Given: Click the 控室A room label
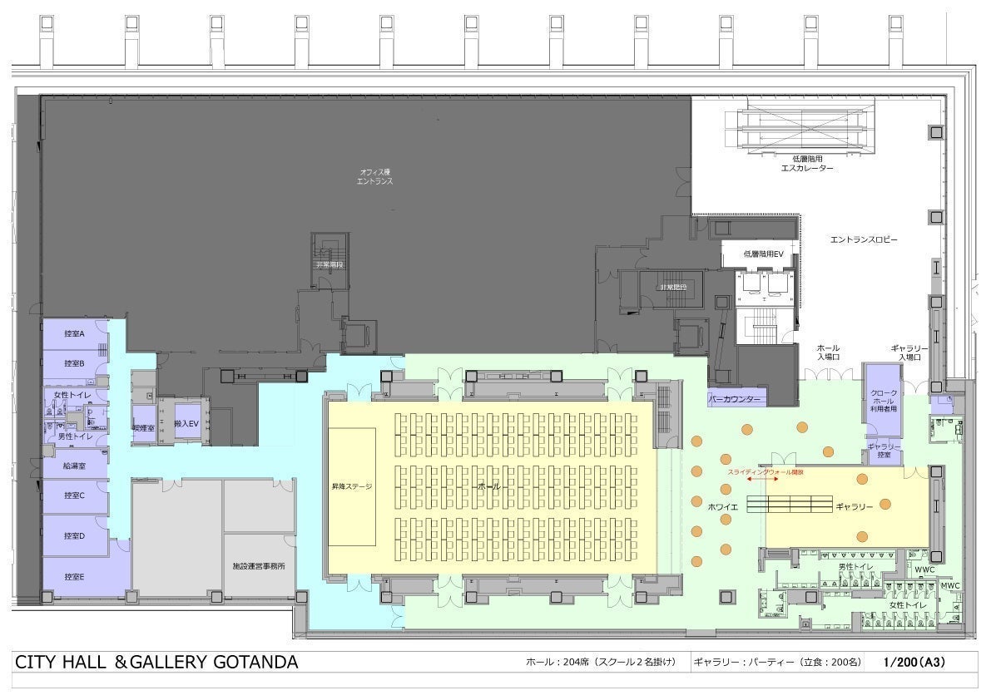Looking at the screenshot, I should pos(75,333).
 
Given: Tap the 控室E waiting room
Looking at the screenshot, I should pos(75,575).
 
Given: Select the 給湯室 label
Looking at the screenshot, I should pos(75,466).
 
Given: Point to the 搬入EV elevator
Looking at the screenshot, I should pos(185,423).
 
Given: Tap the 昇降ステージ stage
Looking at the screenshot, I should pos(352,486).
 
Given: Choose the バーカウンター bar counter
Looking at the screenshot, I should pos(736,399).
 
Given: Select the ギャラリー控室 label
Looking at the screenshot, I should pos(884,451).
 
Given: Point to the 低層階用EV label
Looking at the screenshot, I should pos(764,254).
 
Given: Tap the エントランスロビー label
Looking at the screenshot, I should pos(864,239).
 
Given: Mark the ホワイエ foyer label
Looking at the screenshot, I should pos(719,505).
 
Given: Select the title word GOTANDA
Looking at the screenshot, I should pos(255,663).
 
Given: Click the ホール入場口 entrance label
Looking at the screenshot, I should pos(828,352).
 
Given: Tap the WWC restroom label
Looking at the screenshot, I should pos(925,570).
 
